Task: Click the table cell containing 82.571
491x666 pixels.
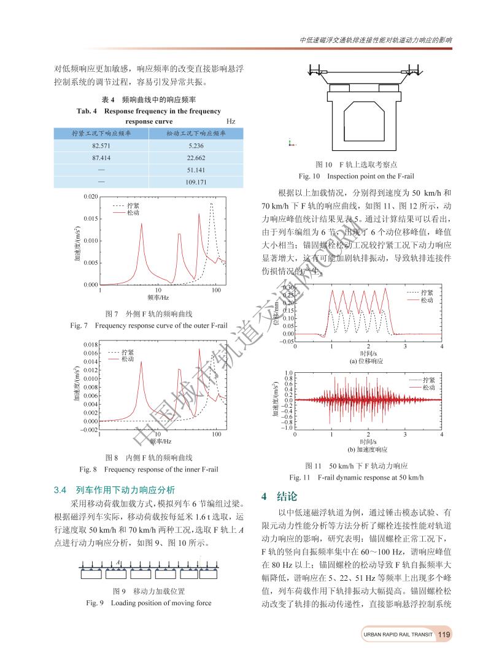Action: pyautogui.click(x=102, y=146)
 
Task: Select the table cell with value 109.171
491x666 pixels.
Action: pyautogui.click(x=196, y=182)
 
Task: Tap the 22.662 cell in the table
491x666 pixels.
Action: pyautogui.click(x=196, y=158)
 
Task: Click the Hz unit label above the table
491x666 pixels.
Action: pyautogui.click(x=231, y=121)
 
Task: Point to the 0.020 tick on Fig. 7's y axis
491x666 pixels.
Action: pyautogui.click(x=90, y=196)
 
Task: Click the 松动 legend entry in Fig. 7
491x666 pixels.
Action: pyautogui.click(x=133, y=213)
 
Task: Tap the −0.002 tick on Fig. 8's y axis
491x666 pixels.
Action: pyautogui.click(x=88, y=430)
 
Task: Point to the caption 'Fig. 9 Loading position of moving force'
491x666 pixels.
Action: pyautogui.click(x=149, y=603)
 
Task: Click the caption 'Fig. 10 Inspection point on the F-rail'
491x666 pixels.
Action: pyautogui.click(x=357, y=176)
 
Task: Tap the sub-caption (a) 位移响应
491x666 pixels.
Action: pyautogui.click(x=366, y=361)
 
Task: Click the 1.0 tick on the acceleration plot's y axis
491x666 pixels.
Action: pyautogui.click(x=288, y=373)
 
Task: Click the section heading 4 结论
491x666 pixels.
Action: pyautogui.click(x=280, y=496)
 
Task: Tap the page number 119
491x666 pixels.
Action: pyautogui.click(x=444, y=635)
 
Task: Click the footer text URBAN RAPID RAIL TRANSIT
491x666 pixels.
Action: pyautogui.click(x=398, y=635)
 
